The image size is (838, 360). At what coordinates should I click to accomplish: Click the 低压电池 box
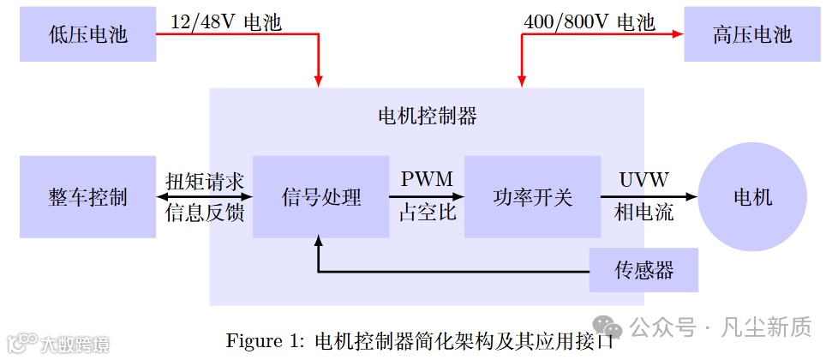87,34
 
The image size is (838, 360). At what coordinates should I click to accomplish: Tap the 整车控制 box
87,197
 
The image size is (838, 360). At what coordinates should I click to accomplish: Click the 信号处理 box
321,197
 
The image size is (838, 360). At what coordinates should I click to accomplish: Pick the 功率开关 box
532,197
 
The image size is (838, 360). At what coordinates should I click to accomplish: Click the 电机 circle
752,197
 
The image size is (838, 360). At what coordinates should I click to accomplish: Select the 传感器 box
643,271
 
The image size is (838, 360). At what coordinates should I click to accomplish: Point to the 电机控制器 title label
427,116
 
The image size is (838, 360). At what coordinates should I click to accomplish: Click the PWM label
427,179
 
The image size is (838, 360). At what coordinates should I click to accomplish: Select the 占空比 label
427,213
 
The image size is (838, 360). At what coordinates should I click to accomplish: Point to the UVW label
644,179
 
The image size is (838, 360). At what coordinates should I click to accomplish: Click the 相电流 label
644,213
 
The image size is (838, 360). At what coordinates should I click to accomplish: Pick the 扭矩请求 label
205,180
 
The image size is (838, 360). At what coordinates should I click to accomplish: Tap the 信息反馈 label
205,213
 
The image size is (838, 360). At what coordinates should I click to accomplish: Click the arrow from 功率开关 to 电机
651,197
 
